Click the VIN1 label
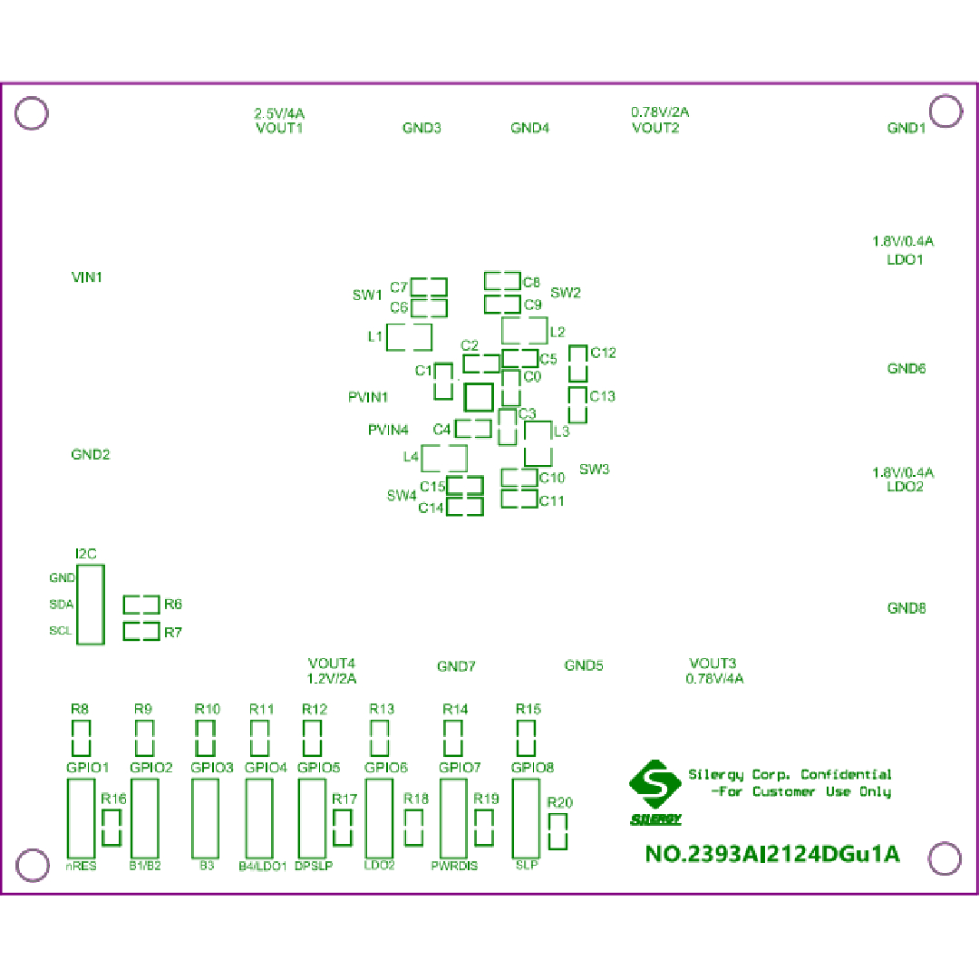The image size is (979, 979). [x=87, y=276]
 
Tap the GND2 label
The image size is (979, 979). [x=91, y=454]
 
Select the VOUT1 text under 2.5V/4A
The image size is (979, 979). [x=279, y=128]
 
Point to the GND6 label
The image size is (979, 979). [x=906, y=369]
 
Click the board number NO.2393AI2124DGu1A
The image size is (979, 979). [x=772, y=854]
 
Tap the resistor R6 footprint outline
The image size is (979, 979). [x=141, y=605]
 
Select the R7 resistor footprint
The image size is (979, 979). [x=141, y=632]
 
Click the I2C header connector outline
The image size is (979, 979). [x=90, y=604]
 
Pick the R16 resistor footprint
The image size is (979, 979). [x=111, y=828]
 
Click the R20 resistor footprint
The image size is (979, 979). [x=558, y=831]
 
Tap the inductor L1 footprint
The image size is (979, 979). [x=409, y=337]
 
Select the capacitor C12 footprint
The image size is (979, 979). [x=577, y=363]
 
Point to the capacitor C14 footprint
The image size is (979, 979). [x=465, y=507]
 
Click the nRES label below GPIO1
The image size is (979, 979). [x=82, y=866]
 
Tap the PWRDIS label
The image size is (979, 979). [x=454, y=866]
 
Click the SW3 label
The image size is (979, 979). [x=595, y=470]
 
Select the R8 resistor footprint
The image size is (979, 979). [x=81, y=738]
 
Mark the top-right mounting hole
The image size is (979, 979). [x=945, y=111]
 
